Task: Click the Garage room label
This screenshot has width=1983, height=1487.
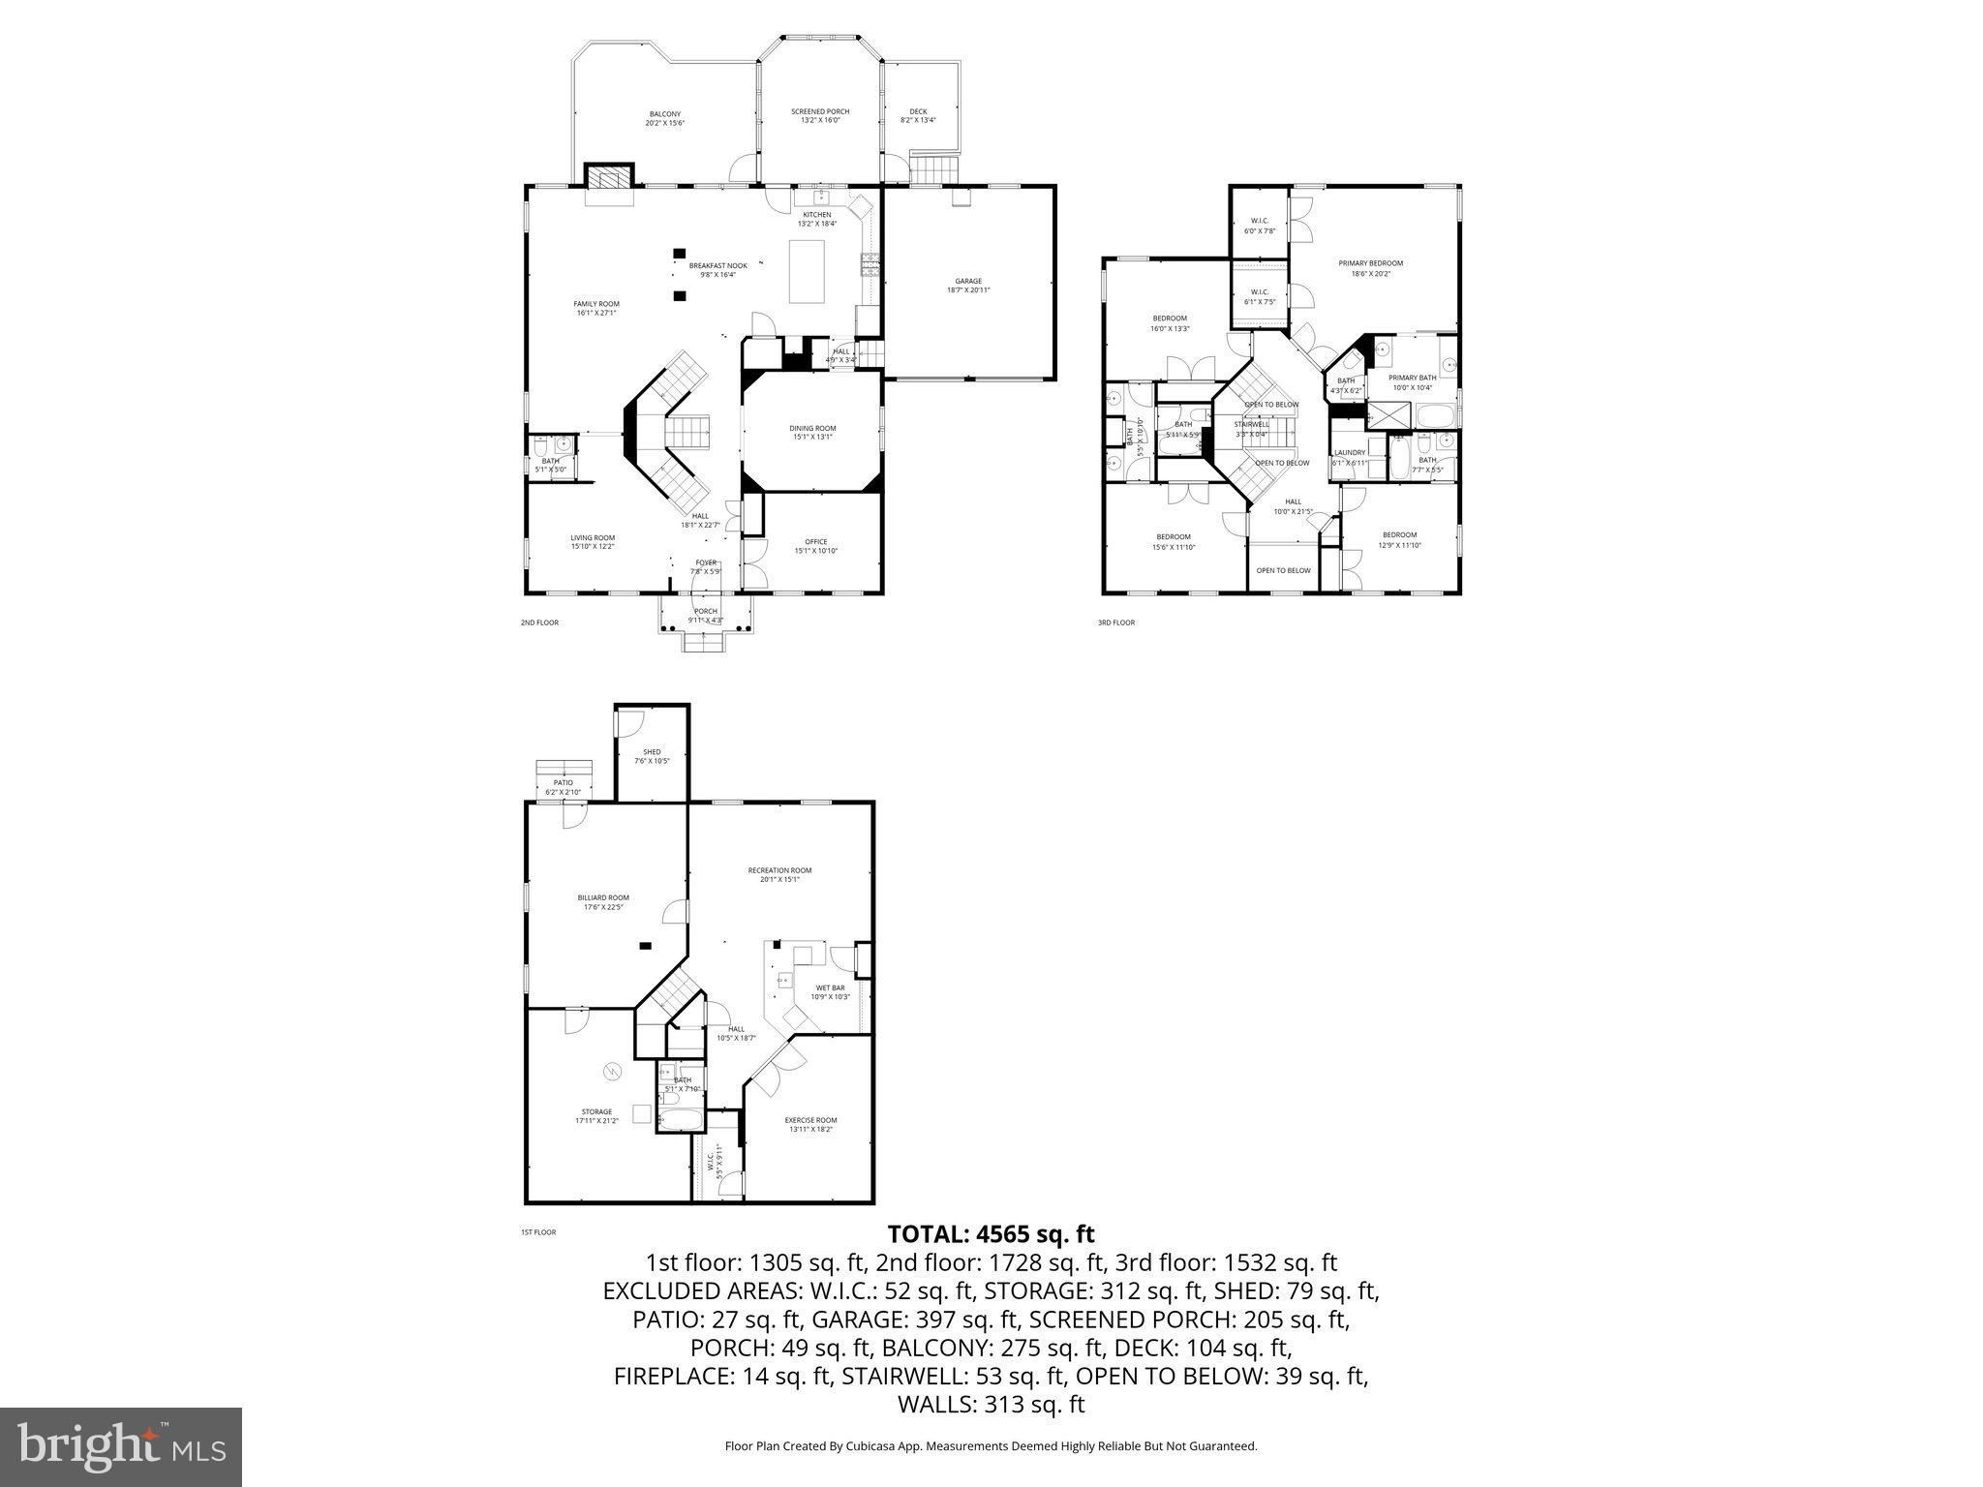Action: pyautogui.click(x=968, y=286)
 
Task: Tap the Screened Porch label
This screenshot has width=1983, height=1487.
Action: pyautogui.click(x=820, y=116)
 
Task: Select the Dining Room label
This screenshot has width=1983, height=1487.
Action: pyautogui.click(x=812, y=432)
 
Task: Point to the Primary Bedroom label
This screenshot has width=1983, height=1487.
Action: pyautogui.click(x=1370, y=268)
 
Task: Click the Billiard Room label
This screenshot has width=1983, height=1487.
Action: pyautogui.click(x=603, y=902)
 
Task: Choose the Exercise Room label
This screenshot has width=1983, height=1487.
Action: pyautogui.click(x=810, y=1124)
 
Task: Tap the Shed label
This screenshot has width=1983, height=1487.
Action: pyautogui.click(x=652, y=756)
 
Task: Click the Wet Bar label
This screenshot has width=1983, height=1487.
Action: pyautogui.click(x=830, y=992)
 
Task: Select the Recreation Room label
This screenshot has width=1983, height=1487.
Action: pyautogui.click(x=779, y=875)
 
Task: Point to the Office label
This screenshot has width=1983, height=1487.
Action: pyautogui.click(x=815, y=546)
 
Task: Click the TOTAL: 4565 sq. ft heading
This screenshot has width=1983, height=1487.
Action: pyautogui.click(x=991, y=1234)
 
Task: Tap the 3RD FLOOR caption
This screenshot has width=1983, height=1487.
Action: pyautogui.click(x=1115, y=622)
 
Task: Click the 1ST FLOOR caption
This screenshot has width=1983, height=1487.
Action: pyautogui.click(x=538, y=1232)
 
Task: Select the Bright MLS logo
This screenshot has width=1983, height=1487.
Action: pyautogui.click(x=121, y=1447)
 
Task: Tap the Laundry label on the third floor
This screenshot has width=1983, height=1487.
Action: pyautogui.click(x=1350, y=457)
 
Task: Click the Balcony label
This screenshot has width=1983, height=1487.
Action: pyautogui.click(x=664, y=118)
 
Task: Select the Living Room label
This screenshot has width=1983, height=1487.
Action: pyautogui.click(x=592, y=542)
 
